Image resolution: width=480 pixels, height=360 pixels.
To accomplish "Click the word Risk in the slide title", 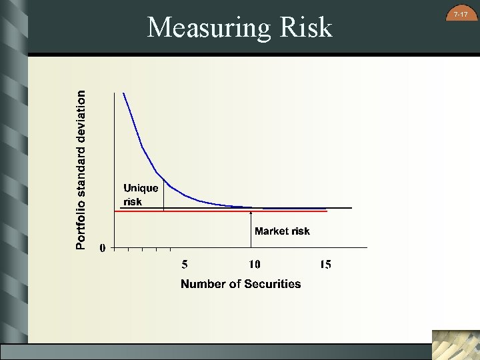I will [x=303, y=27].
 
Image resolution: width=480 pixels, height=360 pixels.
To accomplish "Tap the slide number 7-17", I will [x=460, y=13].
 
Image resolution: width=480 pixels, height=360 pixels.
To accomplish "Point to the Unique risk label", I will [x=141, y=195].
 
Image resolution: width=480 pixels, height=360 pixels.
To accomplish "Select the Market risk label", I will [x=282, y=231].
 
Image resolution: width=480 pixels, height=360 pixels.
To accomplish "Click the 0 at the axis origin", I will [x=103, y=248].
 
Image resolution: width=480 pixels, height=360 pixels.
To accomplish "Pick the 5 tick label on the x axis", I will [x=185, y=265].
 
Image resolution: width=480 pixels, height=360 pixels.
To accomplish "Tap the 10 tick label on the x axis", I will [x=254, y=265].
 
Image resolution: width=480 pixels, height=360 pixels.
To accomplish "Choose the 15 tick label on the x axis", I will [x=325, y=265].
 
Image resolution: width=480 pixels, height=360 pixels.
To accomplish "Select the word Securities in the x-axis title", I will [x=272, y=284].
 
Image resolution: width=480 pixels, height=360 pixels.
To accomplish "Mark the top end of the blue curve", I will [x=123, y=94].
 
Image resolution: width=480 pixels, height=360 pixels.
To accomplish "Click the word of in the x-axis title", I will [x=234, y=284].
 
